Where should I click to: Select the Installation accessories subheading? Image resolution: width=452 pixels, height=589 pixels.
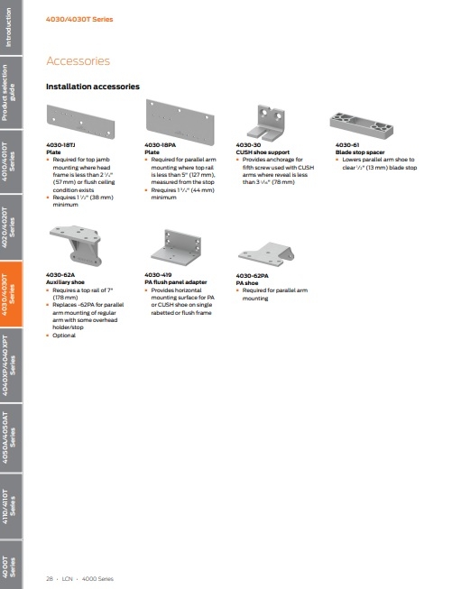click(x=92, y=87)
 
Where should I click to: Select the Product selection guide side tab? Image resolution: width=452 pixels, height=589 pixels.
click(x=12, y=97)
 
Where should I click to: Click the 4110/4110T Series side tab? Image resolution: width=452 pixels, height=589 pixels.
click(x=12, y=512)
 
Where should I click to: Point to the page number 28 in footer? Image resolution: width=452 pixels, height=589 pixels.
click(x=51, y=575)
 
